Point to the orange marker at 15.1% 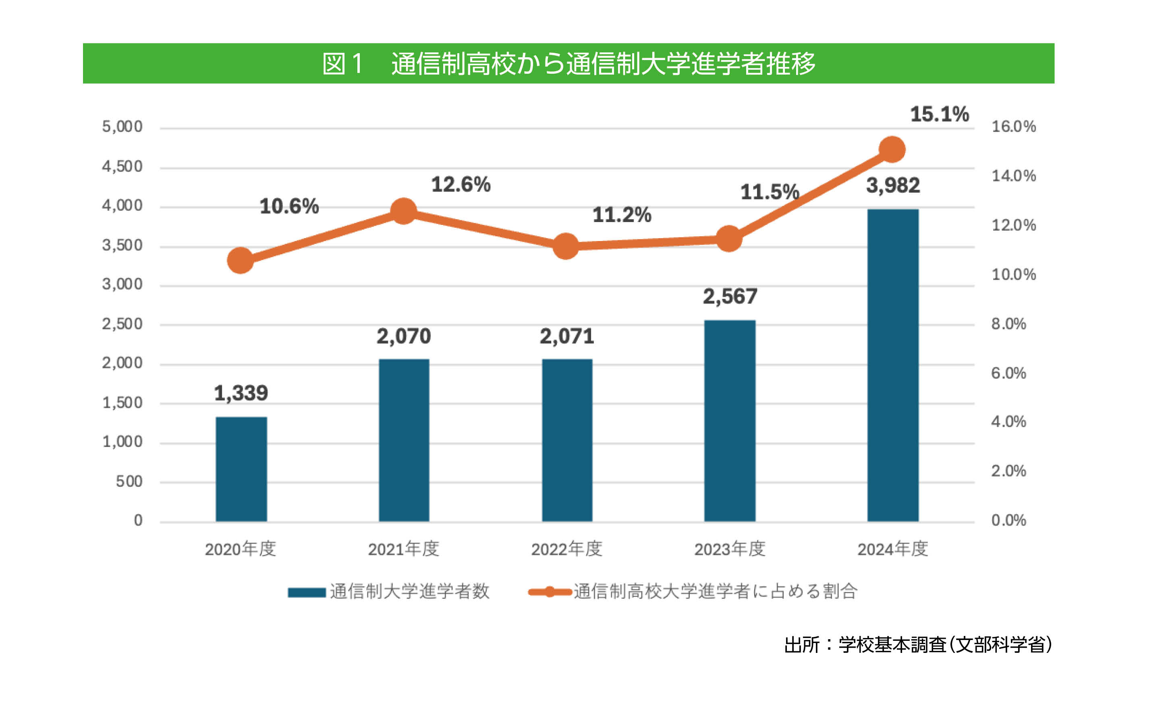tap(892, 149)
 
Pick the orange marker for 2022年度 tap(565, 246)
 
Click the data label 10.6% tap(289, 206)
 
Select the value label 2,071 tap(566, 336)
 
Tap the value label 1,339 tap(241, 393)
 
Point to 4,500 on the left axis tap(122, 166)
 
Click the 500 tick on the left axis tap(129, 481)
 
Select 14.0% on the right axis tap(1013, 176)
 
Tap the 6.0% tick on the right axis tap(1008, 373)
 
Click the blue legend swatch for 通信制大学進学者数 tap(307, 592)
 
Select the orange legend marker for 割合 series tap(550, 592)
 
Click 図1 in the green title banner tap(342, 64)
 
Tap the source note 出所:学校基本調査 tap(917, 645)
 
